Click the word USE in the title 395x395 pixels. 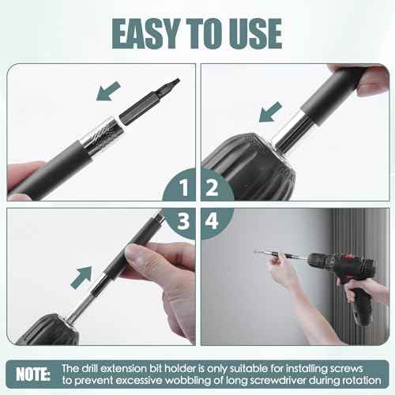point(251,33)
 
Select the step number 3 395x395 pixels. point(182,224)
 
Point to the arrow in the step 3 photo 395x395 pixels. point(81,276)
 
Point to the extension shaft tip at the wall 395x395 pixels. point(258,252)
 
